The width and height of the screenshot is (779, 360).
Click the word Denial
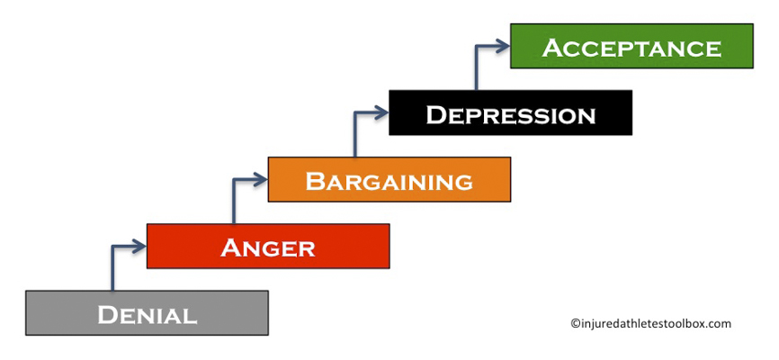[x=147, y=315]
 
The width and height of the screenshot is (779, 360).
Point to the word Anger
[x=268, y=247]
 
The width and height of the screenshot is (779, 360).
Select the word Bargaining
[x=389, y=181]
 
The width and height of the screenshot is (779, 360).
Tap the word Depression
[x=510, y=114]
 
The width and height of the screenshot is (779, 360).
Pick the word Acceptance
[x=631, y=48]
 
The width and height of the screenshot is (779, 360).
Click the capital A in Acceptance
[x=552, y=47]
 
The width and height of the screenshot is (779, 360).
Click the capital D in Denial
[x=109, y=315]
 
